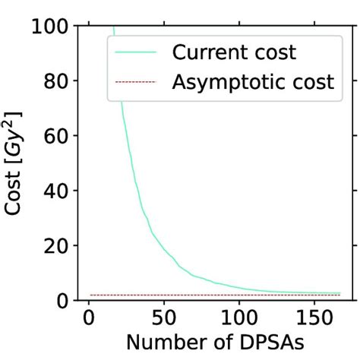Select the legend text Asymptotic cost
pos(253,81)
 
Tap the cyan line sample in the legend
pos(137,53)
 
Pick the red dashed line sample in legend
pos(137,81)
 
